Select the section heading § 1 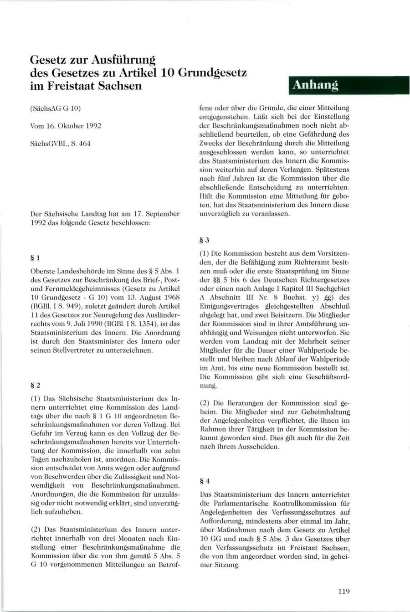(36, 258)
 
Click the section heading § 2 (36, 385)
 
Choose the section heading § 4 (205, 481)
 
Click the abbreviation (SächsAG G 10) (55, 108)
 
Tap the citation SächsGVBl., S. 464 (60, 143)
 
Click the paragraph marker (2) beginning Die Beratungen (206, 403)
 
